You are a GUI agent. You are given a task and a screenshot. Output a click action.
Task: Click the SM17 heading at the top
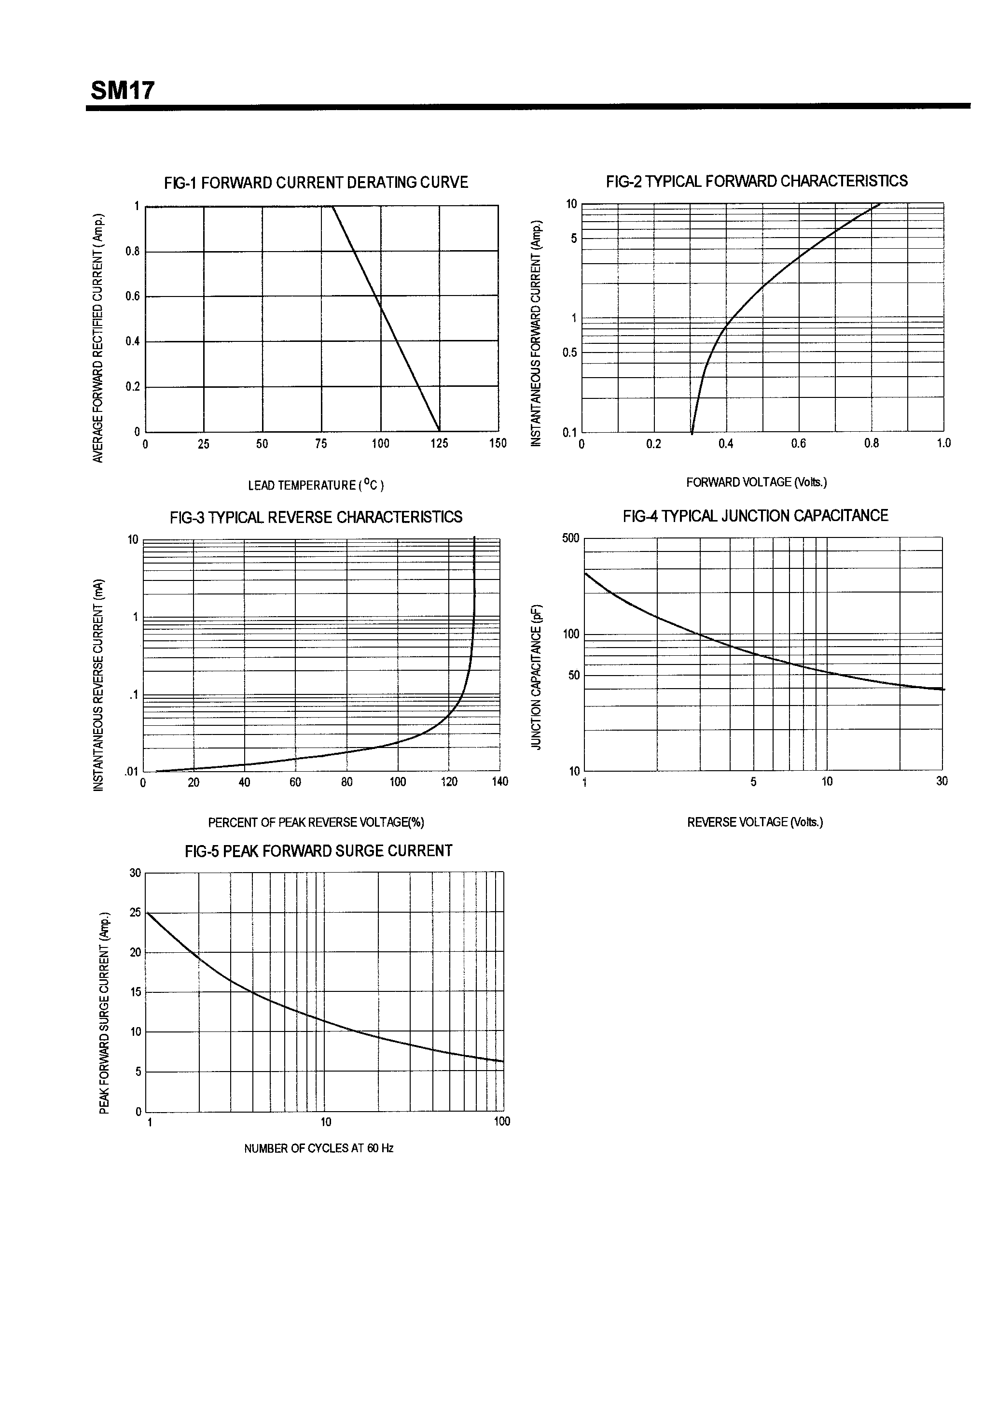click(122, 91)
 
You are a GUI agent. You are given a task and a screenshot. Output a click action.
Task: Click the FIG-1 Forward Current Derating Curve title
click(316, 183)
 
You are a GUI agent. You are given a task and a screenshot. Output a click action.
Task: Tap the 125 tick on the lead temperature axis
click(439, 443)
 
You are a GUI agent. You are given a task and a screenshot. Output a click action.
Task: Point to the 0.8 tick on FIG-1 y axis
click(133, 252)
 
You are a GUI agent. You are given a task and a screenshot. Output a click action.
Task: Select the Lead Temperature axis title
click(316, 485)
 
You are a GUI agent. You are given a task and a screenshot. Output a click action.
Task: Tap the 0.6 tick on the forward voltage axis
click(799, 443)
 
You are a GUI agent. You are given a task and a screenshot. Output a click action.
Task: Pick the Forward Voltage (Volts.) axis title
click(756, 482)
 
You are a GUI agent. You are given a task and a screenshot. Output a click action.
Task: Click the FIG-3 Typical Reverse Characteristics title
click(316, 517)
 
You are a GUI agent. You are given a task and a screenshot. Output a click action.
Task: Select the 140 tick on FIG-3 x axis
click(500, 782)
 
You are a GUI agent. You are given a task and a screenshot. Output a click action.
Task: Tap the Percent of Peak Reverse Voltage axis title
click(316, 822)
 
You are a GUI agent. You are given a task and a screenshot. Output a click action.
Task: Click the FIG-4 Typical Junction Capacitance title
click(755, 516)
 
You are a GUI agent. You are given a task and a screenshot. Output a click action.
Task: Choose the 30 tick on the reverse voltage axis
click(942, 781)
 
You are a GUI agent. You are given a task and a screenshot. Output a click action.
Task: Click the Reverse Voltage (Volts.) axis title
click(755, 822)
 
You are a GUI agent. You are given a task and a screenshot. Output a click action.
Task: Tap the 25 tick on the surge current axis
click(135, 913)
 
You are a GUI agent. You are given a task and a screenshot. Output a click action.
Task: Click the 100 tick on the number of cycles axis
click(501, 1122)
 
